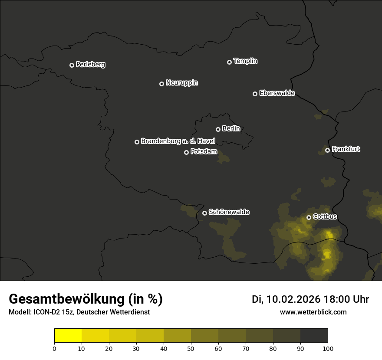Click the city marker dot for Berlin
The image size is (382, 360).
point(218,129)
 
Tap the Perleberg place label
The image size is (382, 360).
point(90,65)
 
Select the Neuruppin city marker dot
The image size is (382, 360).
point(161,84)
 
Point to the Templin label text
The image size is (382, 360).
point(245,61)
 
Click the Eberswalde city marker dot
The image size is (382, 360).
point(255,94)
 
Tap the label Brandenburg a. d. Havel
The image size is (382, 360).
point(178,141)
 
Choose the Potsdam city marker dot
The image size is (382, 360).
point(186,152)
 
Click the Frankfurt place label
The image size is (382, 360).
point(346,149)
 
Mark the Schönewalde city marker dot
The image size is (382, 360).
point(204,213)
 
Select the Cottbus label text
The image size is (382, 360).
point(325,216)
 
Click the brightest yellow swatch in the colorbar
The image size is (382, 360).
point(68,336)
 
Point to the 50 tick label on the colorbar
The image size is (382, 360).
point(191,348)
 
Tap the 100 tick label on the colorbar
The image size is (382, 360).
point(328,348)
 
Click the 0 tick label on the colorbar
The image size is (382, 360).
point(54,348)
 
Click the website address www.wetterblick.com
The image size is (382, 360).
point(313,312)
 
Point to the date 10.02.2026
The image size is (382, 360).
point(293,299)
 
